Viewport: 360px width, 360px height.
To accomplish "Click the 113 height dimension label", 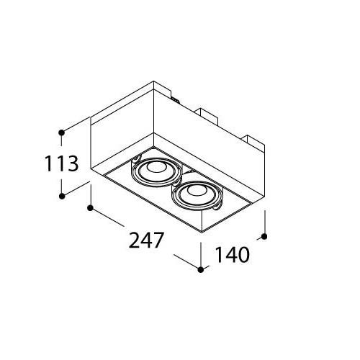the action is point(62,163).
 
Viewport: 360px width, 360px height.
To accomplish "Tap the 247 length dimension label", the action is point(146,240).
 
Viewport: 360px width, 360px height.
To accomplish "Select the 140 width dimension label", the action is point(233,254).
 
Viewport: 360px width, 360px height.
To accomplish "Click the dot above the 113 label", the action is point(62,132).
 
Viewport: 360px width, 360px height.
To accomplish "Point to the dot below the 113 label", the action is point(62,196).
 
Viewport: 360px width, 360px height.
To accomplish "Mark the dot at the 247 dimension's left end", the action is point(90,208).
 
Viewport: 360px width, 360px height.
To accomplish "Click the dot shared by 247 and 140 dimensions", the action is point(201,270).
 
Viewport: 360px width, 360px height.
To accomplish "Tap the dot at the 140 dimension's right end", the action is point(264,237).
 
